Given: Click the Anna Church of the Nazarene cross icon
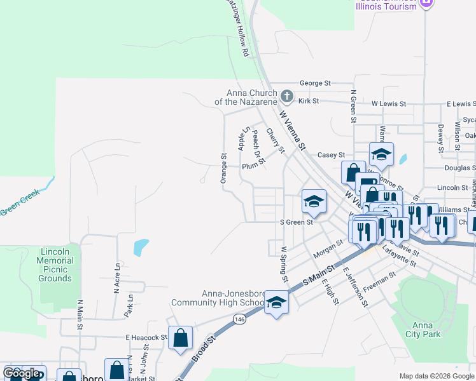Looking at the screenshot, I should (x=287, y=97).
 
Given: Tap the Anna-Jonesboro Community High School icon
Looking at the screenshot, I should (x=276, y=302).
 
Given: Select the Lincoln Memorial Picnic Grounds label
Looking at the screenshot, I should (x=55, y=265).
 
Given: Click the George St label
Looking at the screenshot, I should (x=316, y=83).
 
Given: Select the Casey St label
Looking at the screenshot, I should (x=331, y=155).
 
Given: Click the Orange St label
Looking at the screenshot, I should (x=223, y=168).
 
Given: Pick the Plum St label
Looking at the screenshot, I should (x=252, y=166).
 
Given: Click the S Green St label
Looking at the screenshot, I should (x=297, y=222).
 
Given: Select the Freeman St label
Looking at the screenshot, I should (x=379, y=280).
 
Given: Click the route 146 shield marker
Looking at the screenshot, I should (x=239, y=318).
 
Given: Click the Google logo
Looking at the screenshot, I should (x=22, y=373).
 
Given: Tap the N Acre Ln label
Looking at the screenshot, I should (x=116, y=278).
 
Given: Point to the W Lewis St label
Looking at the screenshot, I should (x=389, y=103).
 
